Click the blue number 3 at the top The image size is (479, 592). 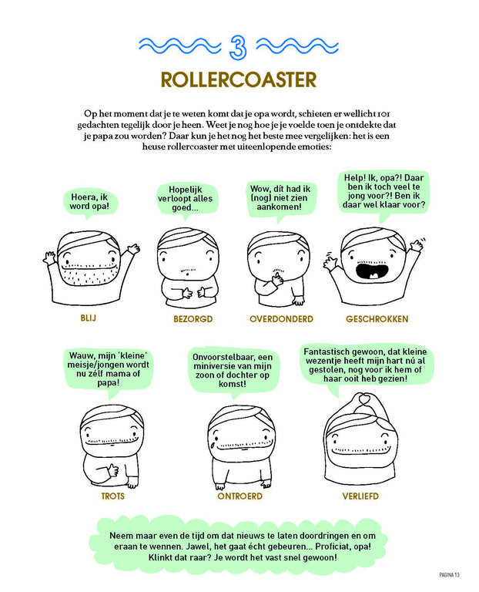pyautogui.click(x=238, y=47)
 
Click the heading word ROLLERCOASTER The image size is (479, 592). pyautogui.click(x=239, y=79)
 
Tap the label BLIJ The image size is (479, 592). pyautogui.click(x=89, y=318)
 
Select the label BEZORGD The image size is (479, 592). pyautogui.click(x=193, y=319)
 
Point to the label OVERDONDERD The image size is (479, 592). pyautogui.click(x=281, y=319)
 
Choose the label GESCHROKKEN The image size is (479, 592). pyautogui.click(x=377, y=319)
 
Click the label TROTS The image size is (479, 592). pyautogui.click(x=112, y=496)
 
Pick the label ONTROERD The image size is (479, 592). pyautogui.click(x=239, y=496)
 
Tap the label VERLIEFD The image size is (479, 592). pyautogui.click(x=360, y=496)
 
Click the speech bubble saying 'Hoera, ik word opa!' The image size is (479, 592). pyautogui.click(x=89, y=203)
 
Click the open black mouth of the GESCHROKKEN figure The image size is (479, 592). pyautogui.click(x=372, y=271)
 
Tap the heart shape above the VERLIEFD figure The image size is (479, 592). pyautogui.click(x=363, y=399)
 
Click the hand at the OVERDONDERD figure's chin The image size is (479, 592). pyautogui.click(x=277, y=279)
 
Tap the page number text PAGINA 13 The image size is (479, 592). pyautogui.click(x=449, y=575)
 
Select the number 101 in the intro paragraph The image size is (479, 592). pyautogui.click(x=384, y=113)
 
